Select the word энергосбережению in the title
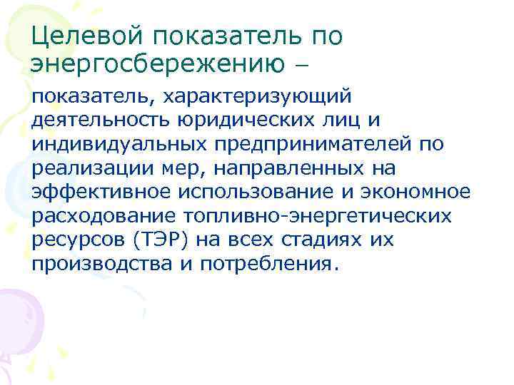point(153,64)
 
